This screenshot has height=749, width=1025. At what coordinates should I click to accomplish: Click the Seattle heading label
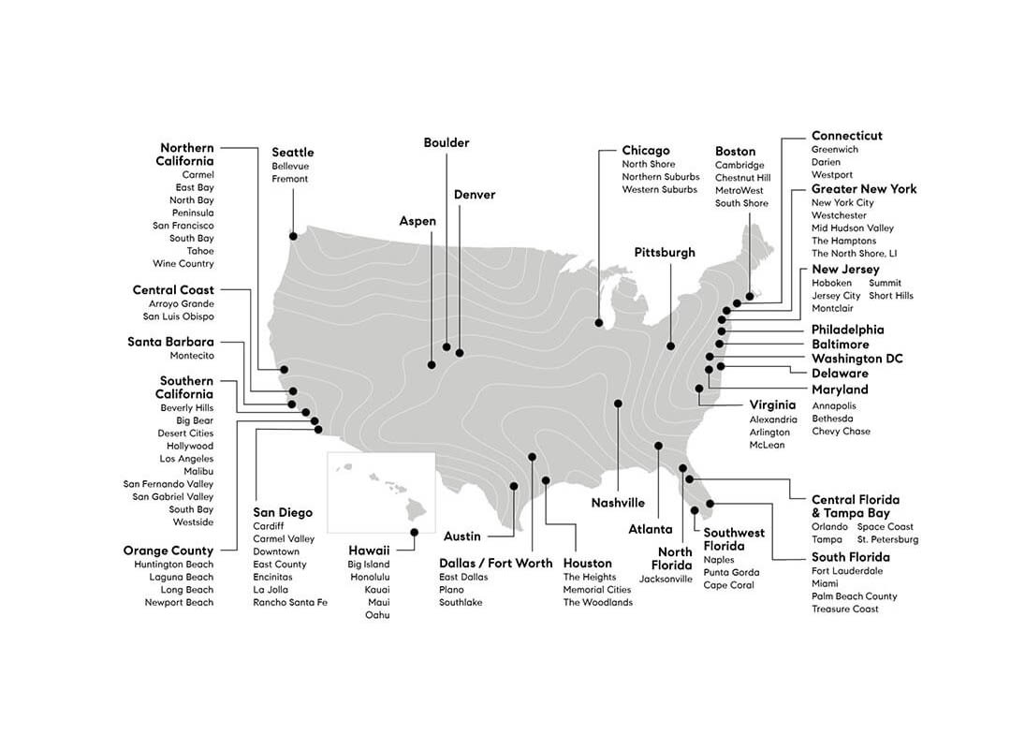(x=293, y=153)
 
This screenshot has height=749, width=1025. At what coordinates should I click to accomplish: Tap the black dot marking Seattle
(x=293, y=236)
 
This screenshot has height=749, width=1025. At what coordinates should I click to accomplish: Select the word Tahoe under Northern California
(x=200, y=251)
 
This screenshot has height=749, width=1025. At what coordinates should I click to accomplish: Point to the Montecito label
(x=192, y=356)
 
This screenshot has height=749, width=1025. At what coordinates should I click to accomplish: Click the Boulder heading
(x=447, y=143)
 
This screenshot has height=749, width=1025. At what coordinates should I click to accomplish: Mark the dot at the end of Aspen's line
(x=432, y=364)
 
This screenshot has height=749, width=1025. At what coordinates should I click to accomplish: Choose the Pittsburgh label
(x=665, y=253)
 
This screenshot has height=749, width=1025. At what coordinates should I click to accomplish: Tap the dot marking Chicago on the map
(x=598, y=323)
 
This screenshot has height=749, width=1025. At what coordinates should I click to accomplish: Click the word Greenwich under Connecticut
(x=835, y=150)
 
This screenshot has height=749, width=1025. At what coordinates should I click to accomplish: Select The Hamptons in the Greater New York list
(x=844, y=241)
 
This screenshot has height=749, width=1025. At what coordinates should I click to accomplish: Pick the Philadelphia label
(x=847, y=330)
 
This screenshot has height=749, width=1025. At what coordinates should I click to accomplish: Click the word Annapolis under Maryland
(x=834, y=405)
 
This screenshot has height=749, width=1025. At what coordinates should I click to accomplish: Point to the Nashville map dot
(x=618, y=404)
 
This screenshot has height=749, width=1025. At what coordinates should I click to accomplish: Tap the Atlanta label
(x=651, y=529)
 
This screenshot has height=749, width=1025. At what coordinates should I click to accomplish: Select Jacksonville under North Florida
(x=666, y=579)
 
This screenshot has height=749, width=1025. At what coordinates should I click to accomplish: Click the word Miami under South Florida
(x=825, y=583)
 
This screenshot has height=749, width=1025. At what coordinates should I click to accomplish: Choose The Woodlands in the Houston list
(x=597, y=602)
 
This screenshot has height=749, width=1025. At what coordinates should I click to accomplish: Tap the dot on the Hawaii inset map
(x=414, y=532)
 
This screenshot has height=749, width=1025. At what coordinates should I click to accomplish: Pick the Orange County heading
(x=168, y=551)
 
